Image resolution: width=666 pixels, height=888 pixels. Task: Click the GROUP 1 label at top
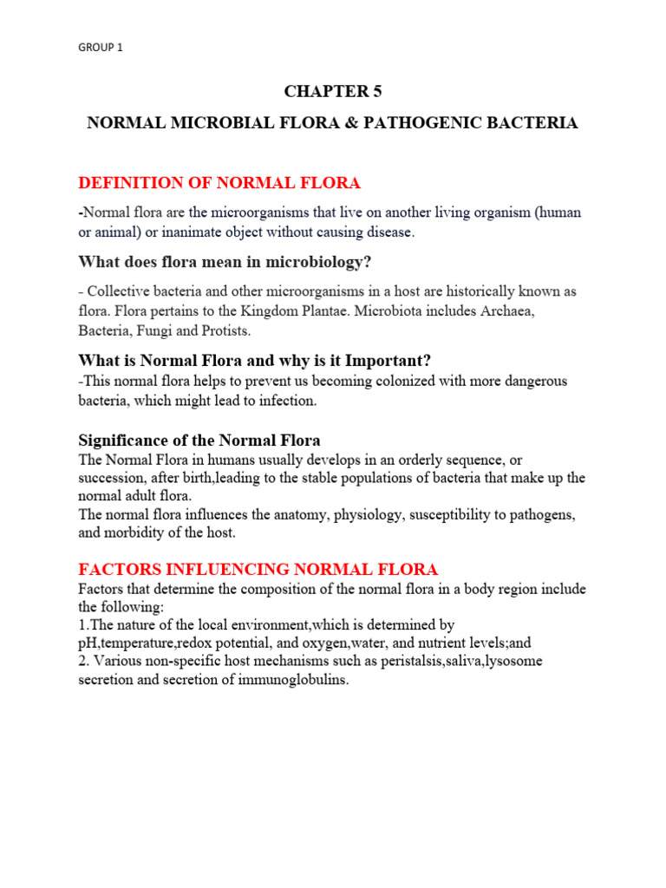click(x=101, y=48)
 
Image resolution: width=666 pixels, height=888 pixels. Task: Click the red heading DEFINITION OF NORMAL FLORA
click(x=219, y=182)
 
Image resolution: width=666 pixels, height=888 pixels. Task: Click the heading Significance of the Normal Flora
click(x=199, y=441)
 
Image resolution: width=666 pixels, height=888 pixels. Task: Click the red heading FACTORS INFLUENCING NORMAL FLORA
click(x=258, y=569)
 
